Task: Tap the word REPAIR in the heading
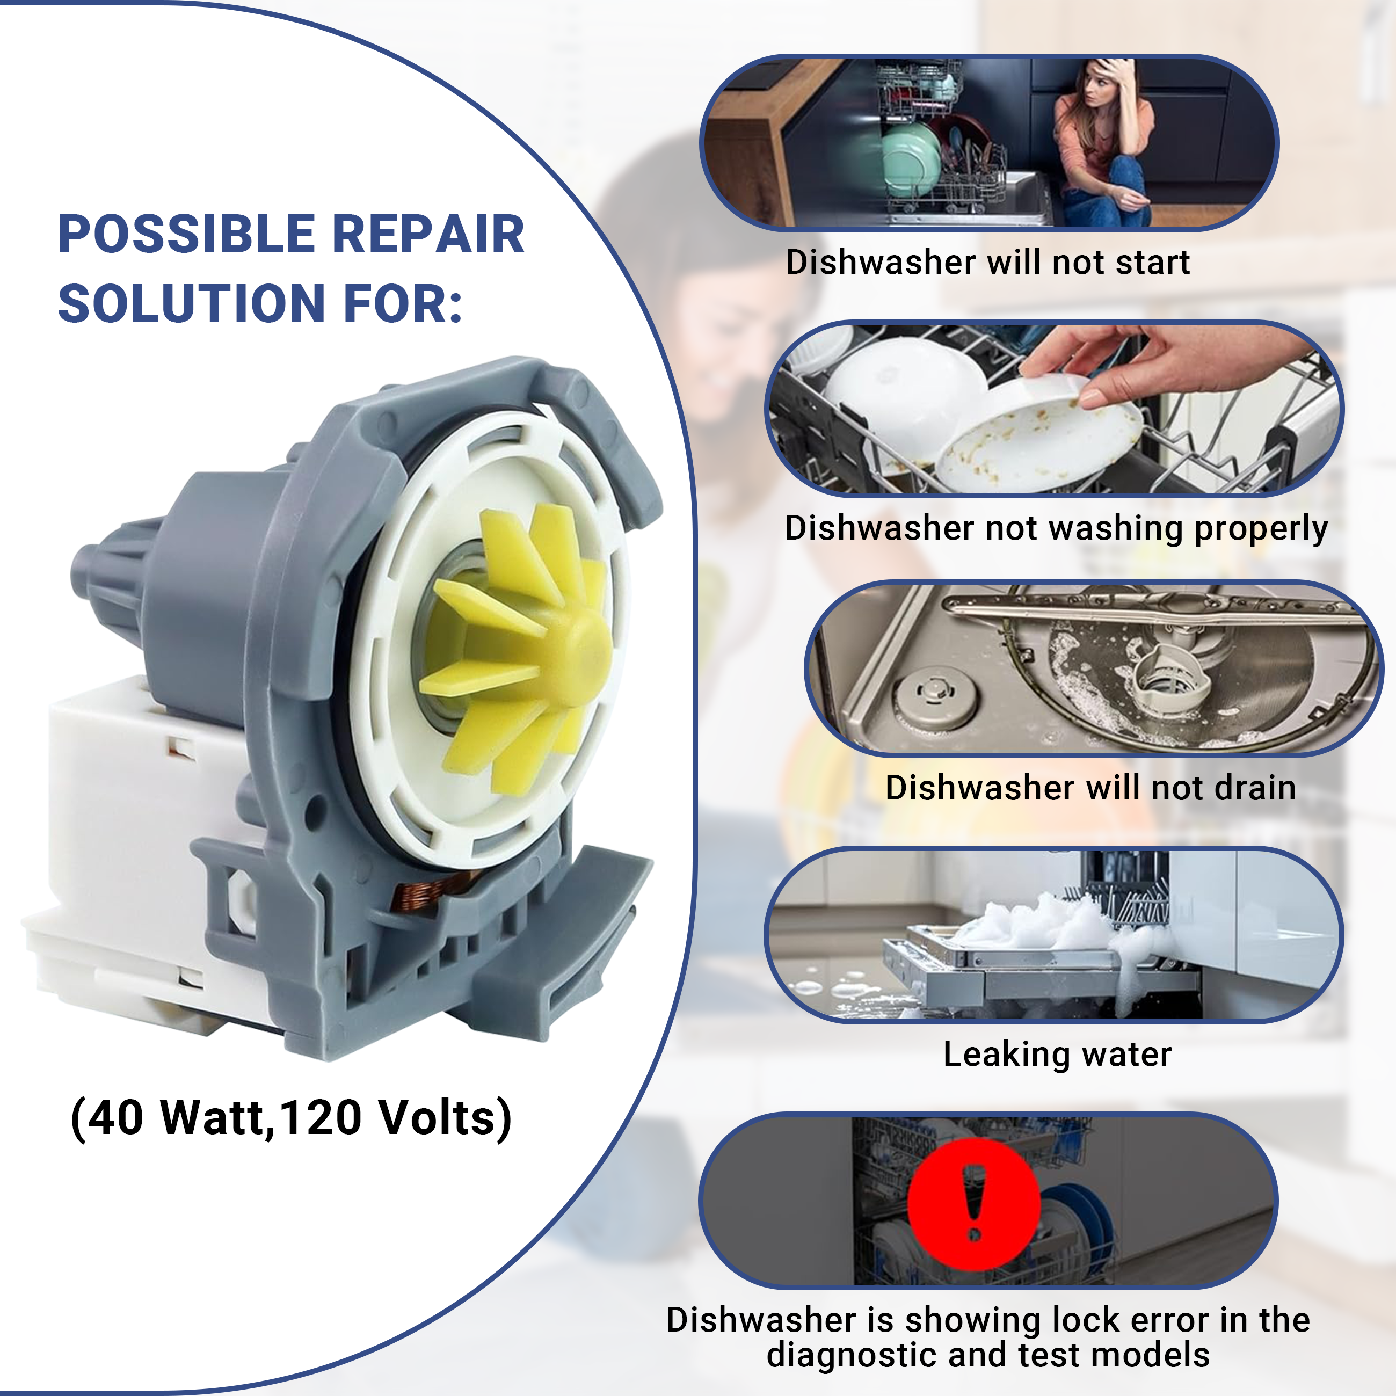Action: click(x=428, y=235)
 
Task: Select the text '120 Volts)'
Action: click(x=395, y=1118)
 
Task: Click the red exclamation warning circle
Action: click(x=973, y=1204)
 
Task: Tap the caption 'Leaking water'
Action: click(x=1057, y=1054)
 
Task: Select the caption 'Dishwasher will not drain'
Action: click(x=1090, y=788)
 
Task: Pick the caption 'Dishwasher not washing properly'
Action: click(x=1056, y=528)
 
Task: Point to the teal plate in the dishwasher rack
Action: click(x=911, y=159)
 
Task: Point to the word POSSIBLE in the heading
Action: click(x=186, y=235)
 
